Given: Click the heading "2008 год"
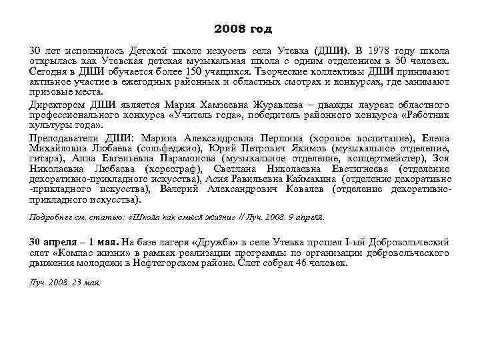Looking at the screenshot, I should (243, 30).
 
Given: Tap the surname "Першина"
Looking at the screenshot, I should (269, 138).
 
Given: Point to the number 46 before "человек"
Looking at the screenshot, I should (302, 263).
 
